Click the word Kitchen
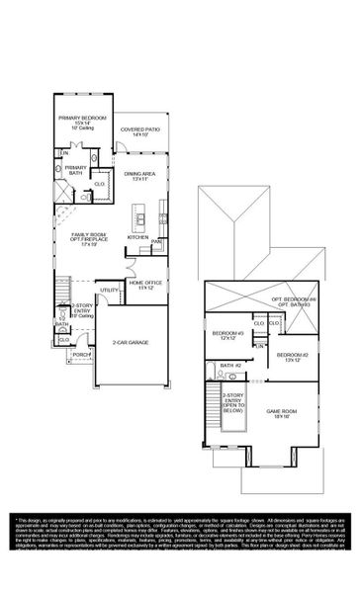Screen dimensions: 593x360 (136, 237)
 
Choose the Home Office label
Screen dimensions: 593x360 (144, 286)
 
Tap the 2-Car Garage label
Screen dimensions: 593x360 (130, 342)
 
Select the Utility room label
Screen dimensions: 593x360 (108, 290)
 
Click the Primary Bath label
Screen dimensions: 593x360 (76, 171)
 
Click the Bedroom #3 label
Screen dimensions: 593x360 (228, 335)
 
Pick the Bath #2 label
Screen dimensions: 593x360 (230, 366)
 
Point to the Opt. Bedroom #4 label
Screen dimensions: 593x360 (292, 301)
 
